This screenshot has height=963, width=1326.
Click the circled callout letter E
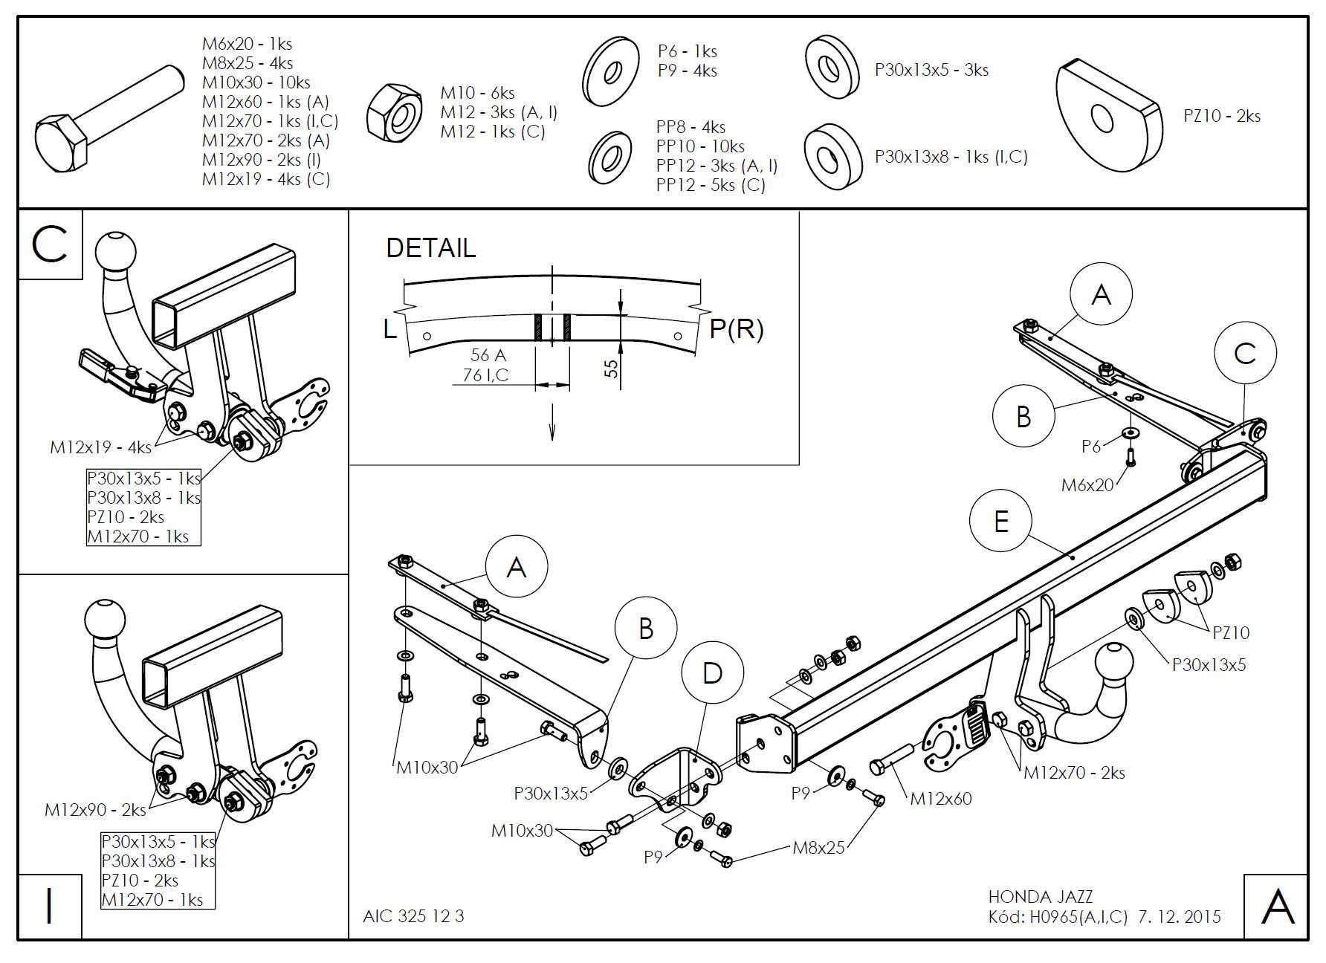tap(1000, 521)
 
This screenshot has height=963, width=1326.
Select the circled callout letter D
tap(712, 674)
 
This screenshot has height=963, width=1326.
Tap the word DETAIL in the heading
tap(431, 247)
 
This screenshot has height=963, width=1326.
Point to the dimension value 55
tap(612, 368)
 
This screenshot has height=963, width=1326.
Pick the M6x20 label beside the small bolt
tap(1087, 485)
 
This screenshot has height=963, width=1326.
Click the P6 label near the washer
tap(1091, 446)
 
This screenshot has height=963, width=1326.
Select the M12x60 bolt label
tap(941, 799)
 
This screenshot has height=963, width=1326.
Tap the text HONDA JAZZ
tap(1041, 897)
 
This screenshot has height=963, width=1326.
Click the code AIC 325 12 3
tap(413, 916)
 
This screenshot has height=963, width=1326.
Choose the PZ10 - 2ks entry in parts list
tap(1222, 116)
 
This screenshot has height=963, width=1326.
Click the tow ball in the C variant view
tap(117, 252)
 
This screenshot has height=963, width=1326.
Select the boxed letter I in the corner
tap(50, 907)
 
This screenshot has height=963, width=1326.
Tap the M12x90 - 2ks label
tap(96, 810)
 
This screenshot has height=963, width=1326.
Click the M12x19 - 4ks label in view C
tap(100, 447)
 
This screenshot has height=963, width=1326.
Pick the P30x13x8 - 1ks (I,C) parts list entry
tap(951, 157)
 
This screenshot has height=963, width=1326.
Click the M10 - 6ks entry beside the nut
tap(477, 93)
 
